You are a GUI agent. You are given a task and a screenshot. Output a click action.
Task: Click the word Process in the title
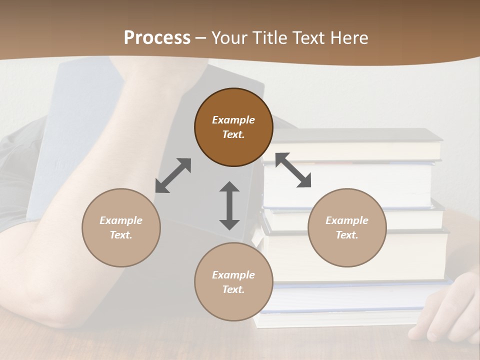(157, 38)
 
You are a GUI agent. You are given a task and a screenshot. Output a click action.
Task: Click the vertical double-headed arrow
(229, 205)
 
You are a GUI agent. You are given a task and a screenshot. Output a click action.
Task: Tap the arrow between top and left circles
(173, 175)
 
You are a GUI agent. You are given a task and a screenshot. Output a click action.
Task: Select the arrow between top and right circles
(293, 170)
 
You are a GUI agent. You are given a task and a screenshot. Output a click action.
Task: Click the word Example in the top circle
(233, 120)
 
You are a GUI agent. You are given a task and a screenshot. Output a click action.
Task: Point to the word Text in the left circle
(121, 235)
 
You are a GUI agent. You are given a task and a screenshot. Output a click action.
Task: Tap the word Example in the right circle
(347, 220)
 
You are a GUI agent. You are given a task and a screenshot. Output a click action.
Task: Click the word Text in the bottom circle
(233, 289)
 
